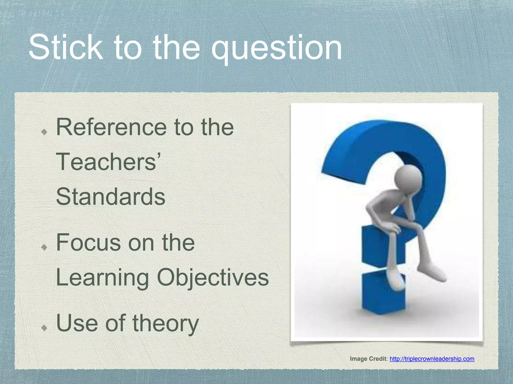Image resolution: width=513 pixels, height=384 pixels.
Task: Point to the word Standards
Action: (x=110, y=197)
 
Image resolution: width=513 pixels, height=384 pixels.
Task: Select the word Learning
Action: (x=102, y=278)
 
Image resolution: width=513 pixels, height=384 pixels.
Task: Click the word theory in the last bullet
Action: (x=165, y=324)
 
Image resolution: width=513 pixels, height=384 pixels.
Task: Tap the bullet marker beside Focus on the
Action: (x=44, y=247)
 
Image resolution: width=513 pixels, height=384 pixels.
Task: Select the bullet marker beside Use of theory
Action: (x=44, y=328)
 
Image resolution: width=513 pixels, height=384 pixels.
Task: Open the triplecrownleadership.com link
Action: (x=432, y=359)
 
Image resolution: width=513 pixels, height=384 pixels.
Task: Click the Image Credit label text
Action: (x=368, y=359)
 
